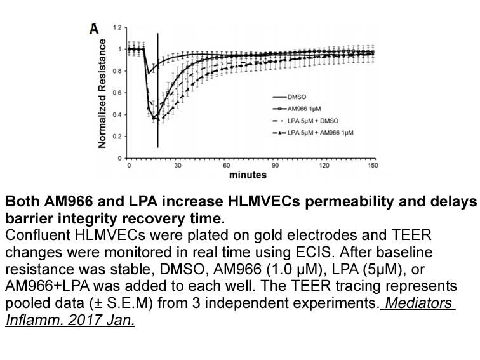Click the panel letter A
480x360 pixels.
tap(94, 29)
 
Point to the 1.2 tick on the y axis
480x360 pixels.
tap(117, 28)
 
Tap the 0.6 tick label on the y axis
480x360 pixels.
tap(117, 93)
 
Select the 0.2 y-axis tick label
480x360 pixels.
tap(117, 137)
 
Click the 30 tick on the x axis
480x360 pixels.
tap(178, 166)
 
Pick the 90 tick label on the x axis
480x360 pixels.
tap(275, 166)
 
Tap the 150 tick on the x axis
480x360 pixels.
tap(373, 166)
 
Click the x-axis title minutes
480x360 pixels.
tap(248, 175)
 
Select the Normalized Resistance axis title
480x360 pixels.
tap(102, 94)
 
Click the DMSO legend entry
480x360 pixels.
tap(290, 97)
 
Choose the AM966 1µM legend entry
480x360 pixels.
tap(297, 109)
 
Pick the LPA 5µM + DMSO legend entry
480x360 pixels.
tap(305, 121)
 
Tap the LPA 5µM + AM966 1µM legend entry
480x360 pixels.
tap(313, 133)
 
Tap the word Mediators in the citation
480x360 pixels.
tap(418, 303)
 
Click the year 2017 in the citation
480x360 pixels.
tap(85, 320)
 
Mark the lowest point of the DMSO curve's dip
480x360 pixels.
tap(148, 74)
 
